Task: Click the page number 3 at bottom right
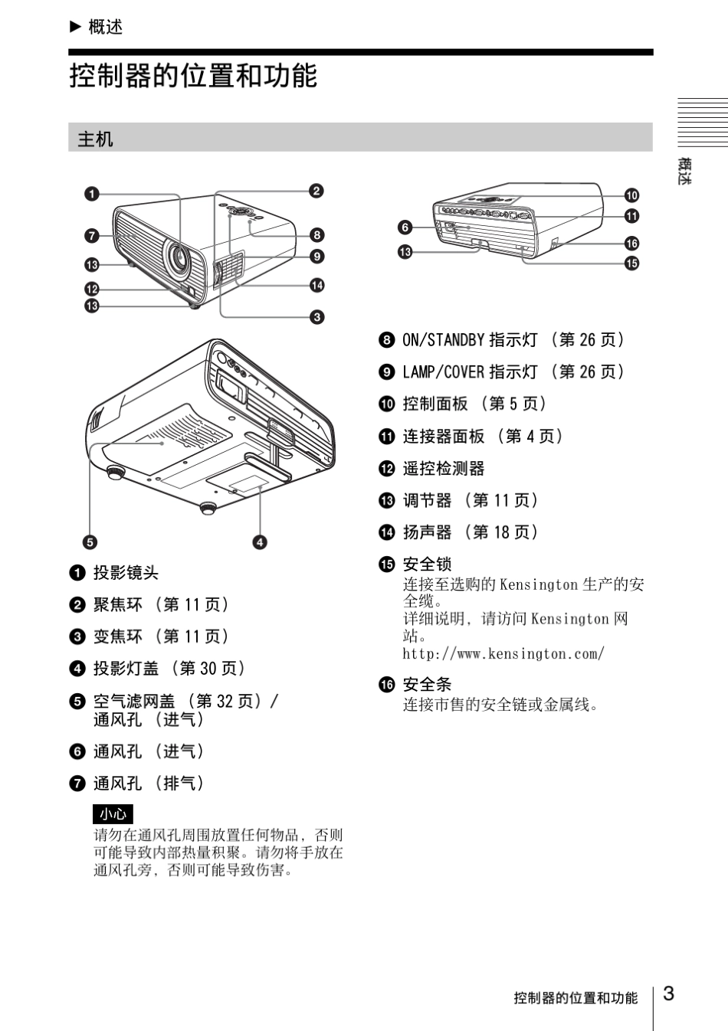click(669, 994)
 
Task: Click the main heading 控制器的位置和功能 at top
click(193, 76)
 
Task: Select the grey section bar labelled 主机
click(360, 138)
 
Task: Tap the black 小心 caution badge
click(113, 814)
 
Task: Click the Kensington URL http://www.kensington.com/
click(503, 653)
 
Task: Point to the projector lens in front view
click(179, 260)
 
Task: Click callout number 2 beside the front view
click(316, 191)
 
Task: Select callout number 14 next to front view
click(316, 285)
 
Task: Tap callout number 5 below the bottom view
click(90, 542)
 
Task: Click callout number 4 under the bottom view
click(260, 542)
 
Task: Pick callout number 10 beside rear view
click(631, 195)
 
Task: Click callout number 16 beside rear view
click(631, 243)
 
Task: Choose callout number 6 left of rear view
click(405, 227)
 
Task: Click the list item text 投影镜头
click(126, 572)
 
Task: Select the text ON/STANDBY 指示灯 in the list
click(470, 339)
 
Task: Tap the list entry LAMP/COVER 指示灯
click(470, 371)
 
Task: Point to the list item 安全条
click(427, 684)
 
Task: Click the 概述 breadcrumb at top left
click(105, 27)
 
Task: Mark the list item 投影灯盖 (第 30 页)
click(169, 668)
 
